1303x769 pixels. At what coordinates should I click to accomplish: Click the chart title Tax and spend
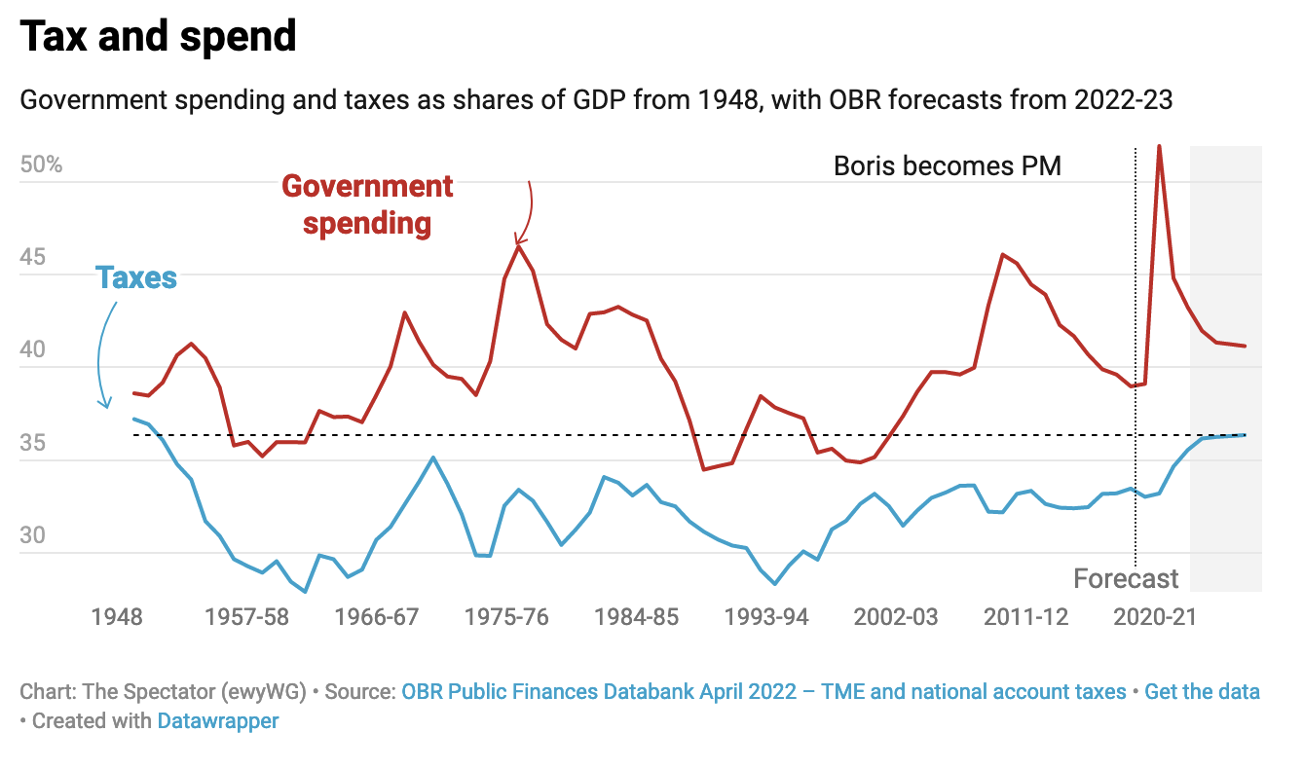pos(158,37)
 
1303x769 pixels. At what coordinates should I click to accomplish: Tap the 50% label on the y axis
pos(41,165)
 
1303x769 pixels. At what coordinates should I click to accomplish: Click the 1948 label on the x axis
pos(117,617)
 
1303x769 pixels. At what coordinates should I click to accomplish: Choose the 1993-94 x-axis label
pos(767,617)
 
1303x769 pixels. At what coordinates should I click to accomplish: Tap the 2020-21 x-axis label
pos(1154,617)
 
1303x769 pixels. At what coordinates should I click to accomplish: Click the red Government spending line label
pos(367,204)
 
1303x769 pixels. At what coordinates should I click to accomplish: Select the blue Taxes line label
pos(136,277)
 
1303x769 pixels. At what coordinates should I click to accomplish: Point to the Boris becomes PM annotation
pos(947,165)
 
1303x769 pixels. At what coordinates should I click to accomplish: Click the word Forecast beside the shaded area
pos(1126,579)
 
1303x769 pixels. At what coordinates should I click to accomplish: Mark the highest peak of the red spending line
pos(1159,147)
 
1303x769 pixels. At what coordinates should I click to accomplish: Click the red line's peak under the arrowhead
pos(519,246)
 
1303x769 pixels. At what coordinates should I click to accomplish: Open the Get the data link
pos(1202,692)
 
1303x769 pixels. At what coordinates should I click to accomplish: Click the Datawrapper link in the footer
pos(218,721)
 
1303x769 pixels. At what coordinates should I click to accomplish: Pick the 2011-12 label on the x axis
pos(1025,617)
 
